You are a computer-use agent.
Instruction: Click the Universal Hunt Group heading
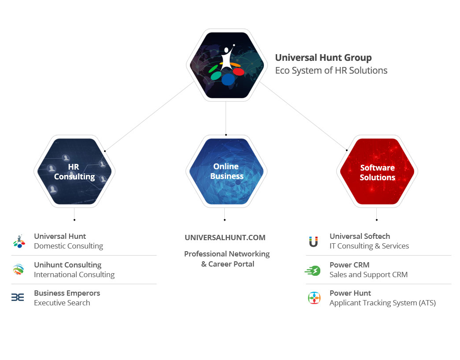(323, 58)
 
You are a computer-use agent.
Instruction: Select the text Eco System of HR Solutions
(331, 71)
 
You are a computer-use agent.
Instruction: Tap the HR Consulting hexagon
(74, 171)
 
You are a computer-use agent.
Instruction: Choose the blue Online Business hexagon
(226, 171)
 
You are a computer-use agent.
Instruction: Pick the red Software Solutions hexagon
(377, 171)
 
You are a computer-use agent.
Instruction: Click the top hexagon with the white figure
(226, 65)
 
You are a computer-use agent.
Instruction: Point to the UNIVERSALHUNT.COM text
(225, 238)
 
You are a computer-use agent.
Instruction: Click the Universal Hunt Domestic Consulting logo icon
(19, 241)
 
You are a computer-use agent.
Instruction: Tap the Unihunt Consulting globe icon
(19, 269)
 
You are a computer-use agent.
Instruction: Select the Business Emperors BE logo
(18, 297)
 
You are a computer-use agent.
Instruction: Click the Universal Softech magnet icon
(313, 241)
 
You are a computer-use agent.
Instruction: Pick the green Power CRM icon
(313, 271)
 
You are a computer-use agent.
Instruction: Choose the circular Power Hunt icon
(314, 298)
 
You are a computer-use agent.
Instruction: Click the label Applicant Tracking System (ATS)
(382, 303)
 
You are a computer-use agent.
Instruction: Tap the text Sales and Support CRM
(368, 275)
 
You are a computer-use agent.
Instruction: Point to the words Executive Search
(62, 303)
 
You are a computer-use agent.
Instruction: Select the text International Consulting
(74, 275)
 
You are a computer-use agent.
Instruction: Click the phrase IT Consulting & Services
(369, 246)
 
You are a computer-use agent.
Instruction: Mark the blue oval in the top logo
(228, 79)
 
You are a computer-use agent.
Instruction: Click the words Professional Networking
(227, 254)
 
